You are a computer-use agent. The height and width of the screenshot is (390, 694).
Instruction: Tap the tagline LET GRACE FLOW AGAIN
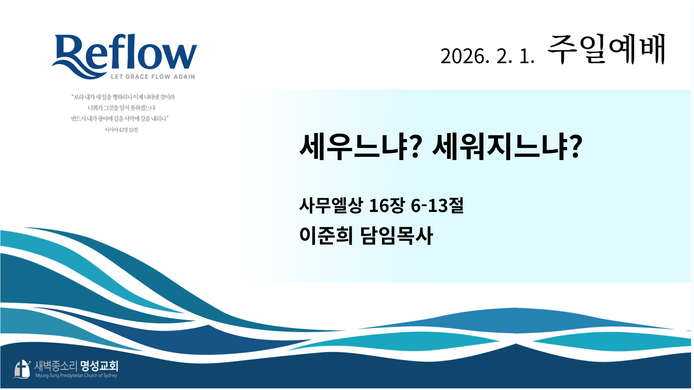[153, 77]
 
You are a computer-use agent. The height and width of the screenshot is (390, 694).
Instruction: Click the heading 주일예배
[606, 50]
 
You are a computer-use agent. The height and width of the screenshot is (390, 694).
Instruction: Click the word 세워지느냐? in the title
[507, 146]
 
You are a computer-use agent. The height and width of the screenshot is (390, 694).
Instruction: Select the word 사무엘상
[331, 205]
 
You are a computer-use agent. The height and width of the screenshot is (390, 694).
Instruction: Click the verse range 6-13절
[437, 205]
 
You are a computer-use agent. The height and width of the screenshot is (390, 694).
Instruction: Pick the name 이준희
[326, 235]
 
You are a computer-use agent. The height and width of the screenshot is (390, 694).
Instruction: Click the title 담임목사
[397, 235]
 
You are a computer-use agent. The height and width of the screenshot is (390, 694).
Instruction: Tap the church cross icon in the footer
[22, 369]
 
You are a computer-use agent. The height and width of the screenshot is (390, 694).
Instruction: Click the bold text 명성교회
[99, 366]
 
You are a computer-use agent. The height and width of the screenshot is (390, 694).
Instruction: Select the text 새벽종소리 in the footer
[56, 366]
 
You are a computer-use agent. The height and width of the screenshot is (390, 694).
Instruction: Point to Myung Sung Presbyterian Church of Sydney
[76, 376]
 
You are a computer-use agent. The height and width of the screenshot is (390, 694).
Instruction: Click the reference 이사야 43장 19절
[121, 130]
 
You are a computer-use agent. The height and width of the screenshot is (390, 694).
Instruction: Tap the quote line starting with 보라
[123, 97]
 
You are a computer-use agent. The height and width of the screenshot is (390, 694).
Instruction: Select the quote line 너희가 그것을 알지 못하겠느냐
[121, 108]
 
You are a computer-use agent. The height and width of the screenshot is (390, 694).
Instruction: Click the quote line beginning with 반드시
[120, 118]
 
